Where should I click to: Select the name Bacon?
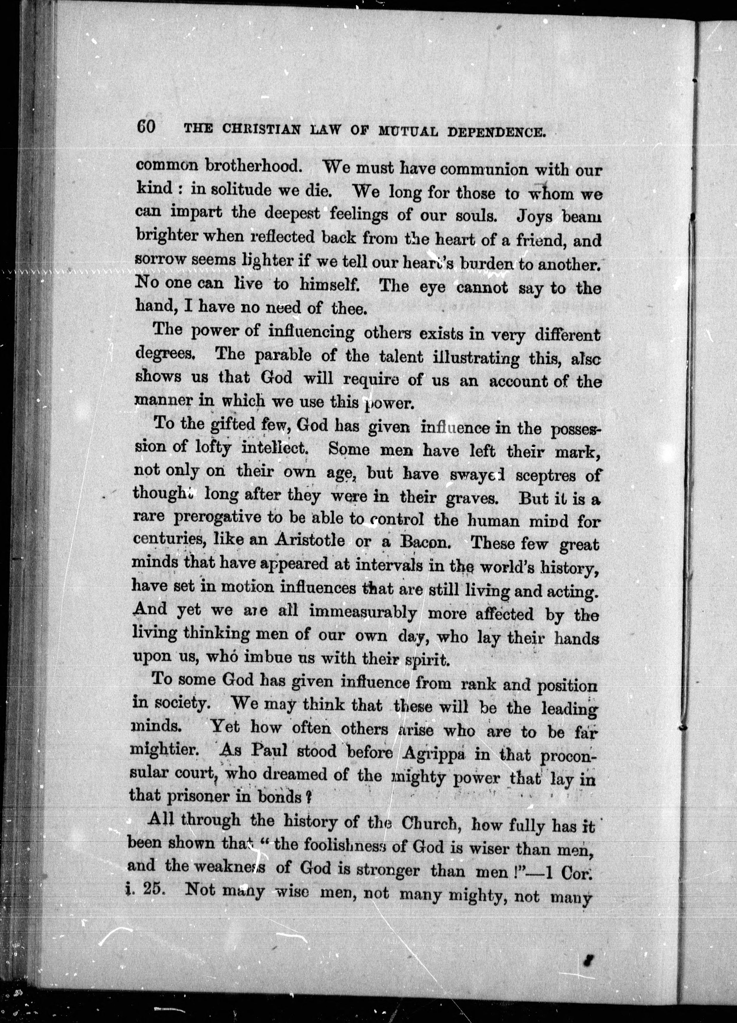coord(426,542)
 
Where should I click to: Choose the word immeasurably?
coord(363,613)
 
